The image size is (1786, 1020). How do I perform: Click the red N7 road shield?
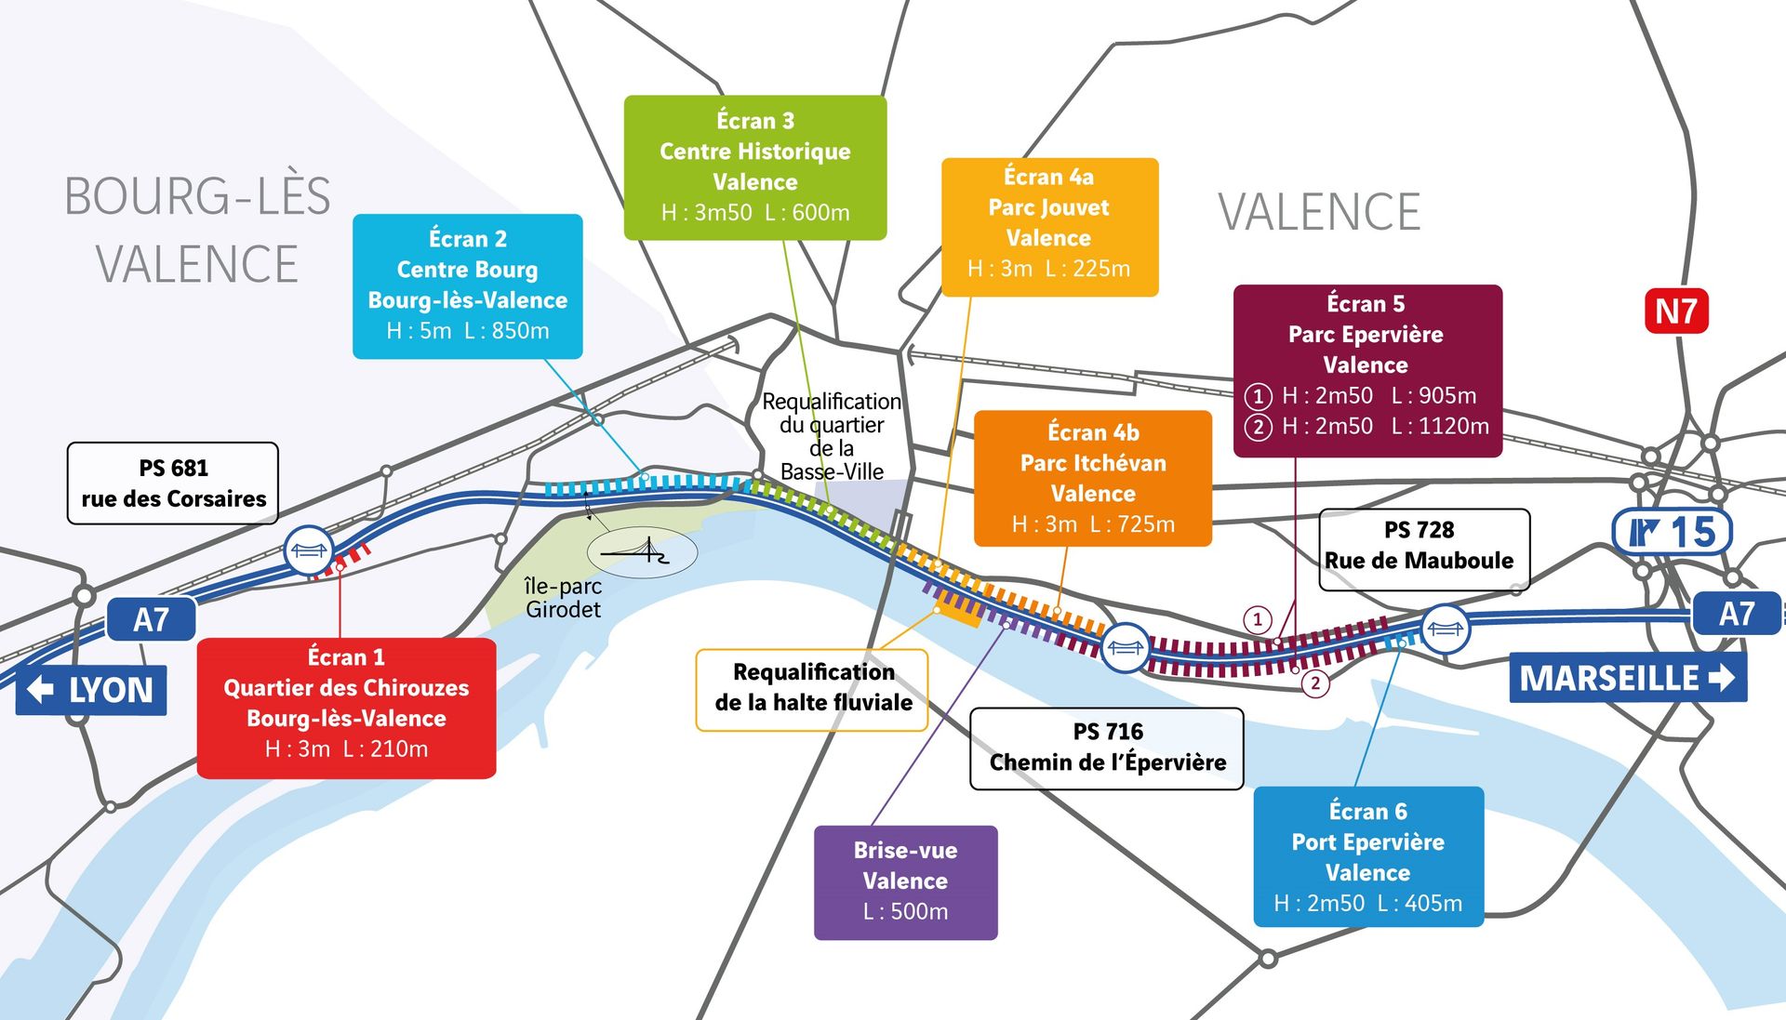pos(1676,311)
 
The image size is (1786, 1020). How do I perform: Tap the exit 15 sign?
pos(1672,533)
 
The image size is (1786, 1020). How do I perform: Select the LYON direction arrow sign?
pos(91,690)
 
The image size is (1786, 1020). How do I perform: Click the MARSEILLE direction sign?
pos(1627,678)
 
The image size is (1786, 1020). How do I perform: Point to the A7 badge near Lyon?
pos(152,619)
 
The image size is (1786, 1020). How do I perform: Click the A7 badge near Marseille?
pos(1736,614)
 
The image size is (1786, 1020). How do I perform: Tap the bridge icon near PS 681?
pos(308,550)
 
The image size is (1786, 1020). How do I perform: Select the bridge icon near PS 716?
pos(1125,647)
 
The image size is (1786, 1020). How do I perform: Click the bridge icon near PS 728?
pos(1445,629)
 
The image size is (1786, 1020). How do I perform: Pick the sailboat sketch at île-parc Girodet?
pos(642,552)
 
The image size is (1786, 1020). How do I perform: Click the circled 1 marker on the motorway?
pos(1258,619)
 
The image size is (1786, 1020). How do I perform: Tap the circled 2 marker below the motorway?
pos(1314,683)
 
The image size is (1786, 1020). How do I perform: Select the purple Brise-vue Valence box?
pos(905,881)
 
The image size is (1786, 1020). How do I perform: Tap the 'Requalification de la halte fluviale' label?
pos(812,688)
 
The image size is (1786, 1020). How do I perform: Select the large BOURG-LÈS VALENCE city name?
pos(197,230)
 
